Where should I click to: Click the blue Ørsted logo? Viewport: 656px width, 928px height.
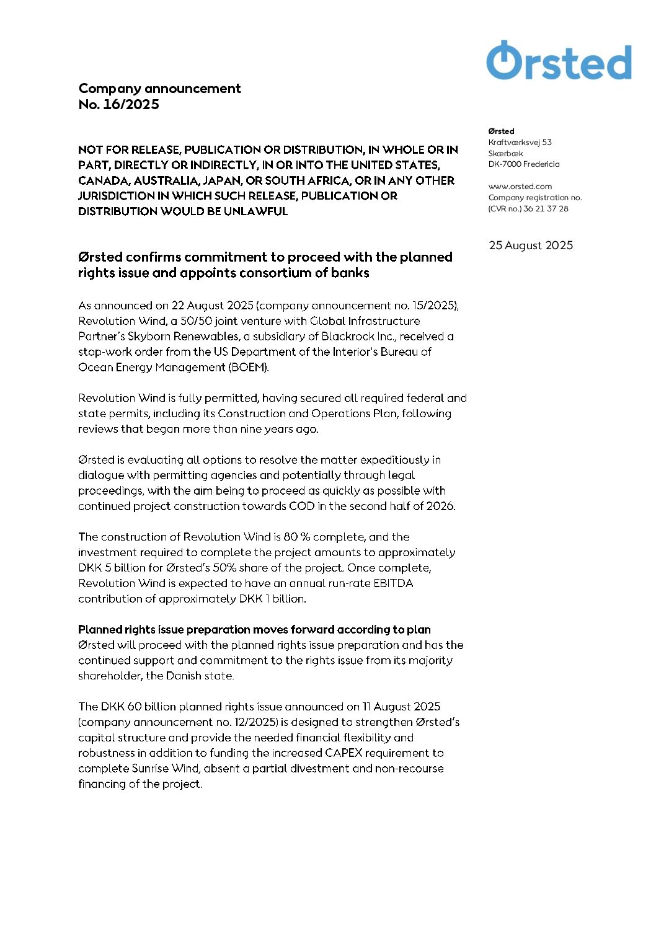[x=559, y=61]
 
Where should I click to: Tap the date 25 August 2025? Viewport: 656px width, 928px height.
[x=531, y=245]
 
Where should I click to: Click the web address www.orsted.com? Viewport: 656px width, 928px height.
[x=520, y=187]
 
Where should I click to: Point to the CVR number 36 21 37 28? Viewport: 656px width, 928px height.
[x=546, y=209]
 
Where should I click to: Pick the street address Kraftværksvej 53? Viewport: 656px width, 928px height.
[x=520, y=143]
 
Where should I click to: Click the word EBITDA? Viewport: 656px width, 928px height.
[x=393, y=583]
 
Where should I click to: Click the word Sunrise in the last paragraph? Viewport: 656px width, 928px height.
[x=151, y=769]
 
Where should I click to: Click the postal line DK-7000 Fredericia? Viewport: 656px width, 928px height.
[x=524, y=164]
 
